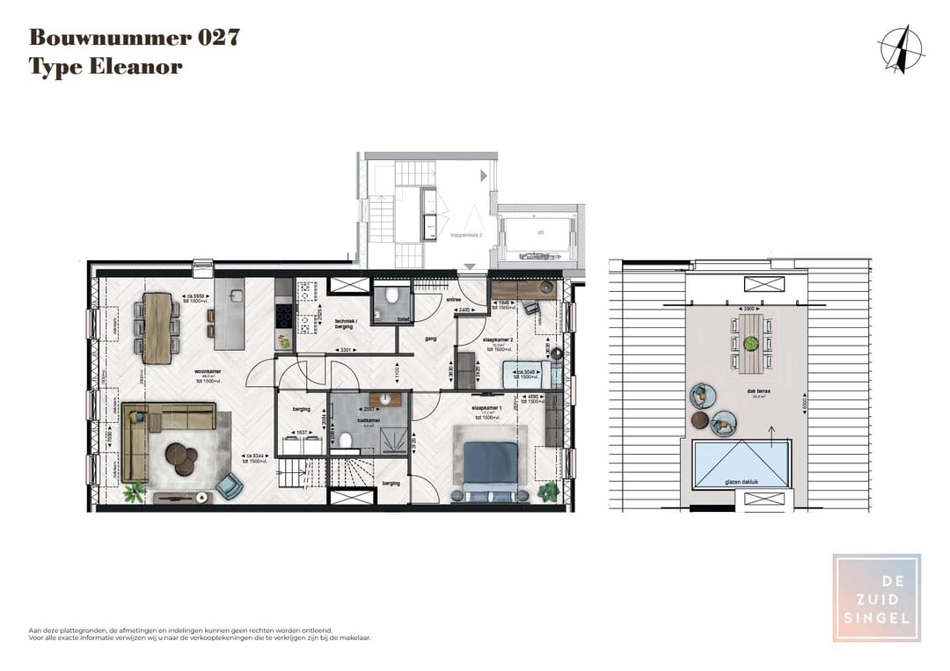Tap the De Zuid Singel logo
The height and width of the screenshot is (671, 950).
876,598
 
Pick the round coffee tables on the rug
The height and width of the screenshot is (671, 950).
183,458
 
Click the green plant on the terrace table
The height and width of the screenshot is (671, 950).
750,341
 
